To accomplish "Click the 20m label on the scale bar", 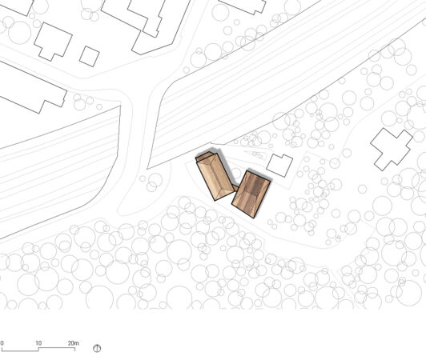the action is click(x=73, y=343).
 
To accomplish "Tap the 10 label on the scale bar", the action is click(x=38, y=343).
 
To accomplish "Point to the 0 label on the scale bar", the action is click(x=2, y=343).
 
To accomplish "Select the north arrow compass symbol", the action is click(x=97, y=348).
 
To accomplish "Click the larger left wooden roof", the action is click(x=215, y=177).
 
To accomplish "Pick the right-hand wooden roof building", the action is click(x=251, y=194).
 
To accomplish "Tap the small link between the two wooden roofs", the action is click(x=235, y=188).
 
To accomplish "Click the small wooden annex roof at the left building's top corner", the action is click(x=203, y=156).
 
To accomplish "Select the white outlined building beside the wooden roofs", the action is click(x=279, y=166).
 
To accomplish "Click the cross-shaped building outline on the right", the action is click(x=392, y=149).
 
